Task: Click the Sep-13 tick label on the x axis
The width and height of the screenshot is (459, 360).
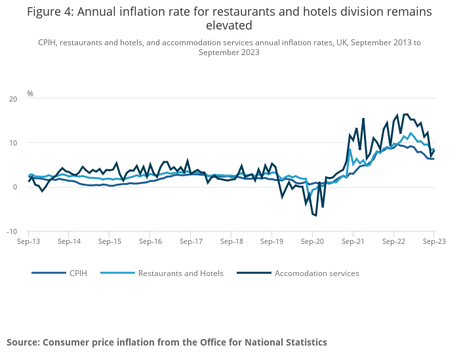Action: [28, 241]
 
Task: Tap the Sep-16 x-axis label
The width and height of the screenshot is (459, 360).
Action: [150, 241]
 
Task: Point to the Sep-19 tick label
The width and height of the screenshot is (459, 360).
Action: [271, 241]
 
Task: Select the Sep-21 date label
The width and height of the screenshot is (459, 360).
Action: [352, 241]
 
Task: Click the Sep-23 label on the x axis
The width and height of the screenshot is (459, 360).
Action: [433, 241]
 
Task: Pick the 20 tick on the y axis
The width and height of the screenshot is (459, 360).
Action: [12, 99]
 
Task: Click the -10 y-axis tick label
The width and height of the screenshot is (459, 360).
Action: [11, 231]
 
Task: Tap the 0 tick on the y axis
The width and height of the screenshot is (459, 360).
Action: [14, 188]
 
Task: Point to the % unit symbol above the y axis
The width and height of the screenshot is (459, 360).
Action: [30, 94]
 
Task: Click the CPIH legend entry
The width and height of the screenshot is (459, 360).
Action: [77, 273]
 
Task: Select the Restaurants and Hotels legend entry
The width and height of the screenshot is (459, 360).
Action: [180, 273]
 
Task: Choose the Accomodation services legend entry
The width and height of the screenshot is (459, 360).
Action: [317, 273]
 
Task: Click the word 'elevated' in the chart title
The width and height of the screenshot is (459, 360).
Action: [229, 26]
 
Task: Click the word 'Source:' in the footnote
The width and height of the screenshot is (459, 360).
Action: [23, 342]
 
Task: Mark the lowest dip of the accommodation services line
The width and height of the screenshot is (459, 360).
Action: [315, 215]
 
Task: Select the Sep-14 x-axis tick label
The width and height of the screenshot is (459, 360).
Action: [69, 241]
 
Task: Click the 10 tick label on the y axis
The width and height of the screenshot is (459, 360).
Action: [12, 143]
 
